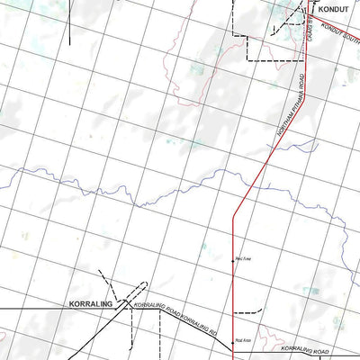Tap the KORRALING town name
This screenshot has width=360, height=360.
coord(91,304)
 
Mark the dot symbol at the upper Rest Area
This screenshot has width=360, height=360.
coord(234,258)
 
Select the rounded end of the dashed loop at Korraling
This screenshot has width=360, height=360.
coord(145,286)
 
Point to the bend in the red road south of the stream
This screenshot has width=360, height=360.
coord(234,214)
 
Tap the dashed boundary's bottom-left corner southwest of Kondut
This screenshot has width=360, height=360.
coord(247,59)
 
